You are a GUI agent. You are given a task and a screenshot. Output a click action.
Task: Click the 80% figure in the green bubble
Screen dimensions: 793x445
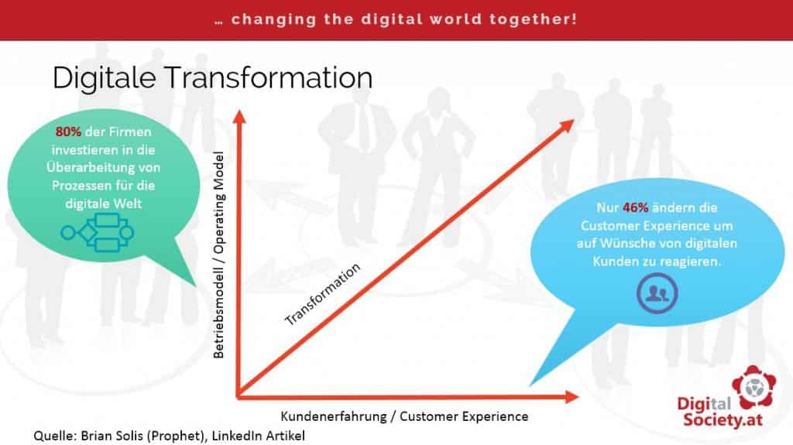(x=68, y=132)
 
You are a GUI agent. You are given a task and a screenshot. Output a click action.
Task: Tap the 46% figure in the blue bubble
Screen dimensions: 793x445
(x=635, y=208)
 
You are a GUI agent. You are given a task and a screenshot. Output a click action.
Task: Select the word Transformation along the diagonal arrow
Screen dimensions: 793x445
(x=323, y=294)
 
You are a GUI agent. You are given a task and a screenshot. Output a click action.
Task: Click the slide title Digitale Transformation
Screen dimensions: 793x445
(x=212, y=78)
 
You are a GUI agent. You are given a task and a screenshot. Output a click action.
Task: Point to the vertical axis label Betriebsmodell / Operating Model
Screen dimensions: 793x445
(x=218, y=255)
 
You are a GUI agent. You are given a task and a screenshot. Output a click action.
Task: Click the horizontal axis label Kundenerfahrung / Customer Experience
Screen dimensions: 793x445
(x=404, y=416)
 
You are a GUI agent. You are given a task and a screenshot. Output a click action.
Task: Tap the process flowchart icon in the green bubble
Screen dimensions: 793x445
(x=97, y=233)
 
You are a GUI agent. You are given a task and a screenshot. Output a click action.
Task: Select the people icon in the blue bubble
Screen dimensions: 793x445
(x=657, y=293)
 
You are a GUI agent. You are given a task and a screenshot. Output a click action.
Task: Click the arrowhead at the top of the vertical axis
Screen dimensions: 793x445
(x=240, y=116)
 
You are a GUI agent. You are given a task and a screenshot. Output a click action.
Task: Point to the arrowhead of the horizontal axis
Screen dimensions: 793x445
(x=572, y=397)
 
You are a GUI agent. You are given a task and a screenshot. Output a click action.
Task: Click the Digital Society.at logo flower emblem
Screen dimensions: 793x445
(x=754, y=388)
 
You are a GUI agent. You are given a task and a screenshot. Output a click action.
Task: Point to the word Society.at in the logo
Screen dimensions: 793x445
(x=723, y=419)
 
